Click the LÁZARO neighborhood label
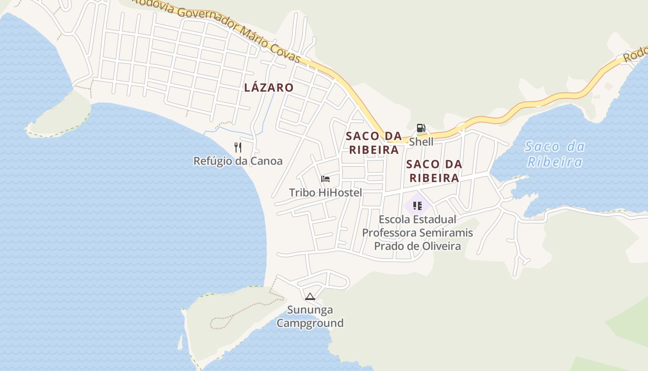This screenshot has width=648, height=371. [268, 87]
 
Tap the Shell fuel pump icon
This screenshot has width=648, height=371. [421, 128]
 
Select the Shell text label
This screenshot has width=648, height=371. [421, 141]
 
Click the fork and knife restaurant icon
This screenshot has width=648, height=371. [238, 147]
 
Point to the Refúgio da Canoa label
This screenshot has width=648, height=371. [237, 161]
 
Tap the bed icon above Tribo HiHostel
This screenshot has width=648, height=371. [325, 179]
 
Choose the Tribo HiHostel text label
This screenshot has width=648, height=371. [325, 192]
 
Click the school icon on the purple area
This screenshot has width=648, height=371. [417, 205]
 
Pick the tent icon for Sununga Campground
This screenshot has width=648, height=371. [310, 296]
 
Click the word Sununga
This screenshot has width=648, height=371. [310, 309]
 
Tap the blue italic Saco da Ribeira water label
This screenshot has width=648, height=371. [555, 154]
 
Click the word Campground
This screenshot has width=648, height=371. [310, 323]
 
